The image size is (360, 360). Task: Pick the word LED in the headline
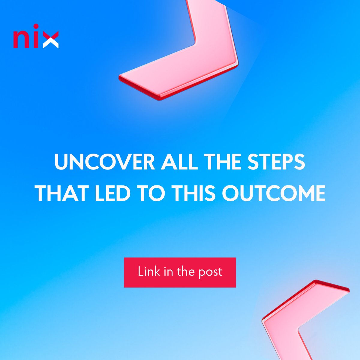113,193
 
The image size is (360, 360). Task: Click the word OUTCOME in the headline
274,193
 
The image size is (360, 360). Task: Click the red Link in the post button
180,272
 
